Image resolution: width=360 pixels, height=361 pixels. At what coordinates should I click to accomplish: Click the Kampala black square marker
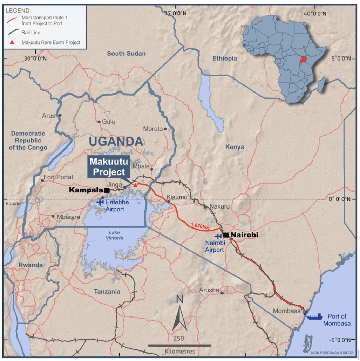(107, 190)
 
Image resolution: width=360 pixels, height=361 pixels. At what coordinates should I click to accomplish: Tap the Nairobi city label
(245, 235)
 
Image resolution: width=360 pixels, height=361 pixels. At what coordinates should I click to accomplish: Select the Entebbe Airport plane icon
(100, 201)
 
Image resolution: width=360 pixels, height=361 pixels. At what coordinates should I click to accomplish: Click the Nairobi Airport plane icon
(219, 236)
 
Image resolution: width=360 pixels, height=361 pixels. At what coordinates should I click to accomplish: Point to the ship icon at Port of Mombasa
(315, 316)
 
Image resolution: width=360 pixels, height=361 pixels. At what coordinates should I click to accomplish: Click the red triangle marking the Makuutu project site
(135, 185)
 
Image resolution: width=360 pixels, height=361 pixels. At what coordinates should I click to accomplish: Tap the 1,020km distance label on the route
(200, 226)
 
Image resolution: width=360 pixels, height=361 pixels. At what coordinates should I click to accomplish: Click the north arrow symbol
(180, 318)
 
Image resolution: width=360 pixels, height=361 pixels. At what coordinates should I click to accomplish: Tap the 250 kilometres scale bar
(180, 345)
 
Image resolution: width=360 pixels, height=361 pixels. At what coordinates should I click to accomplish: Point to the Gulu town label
(108, 122)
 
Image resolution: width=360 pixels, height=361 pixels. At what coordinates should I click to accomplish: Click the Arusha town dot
(222, 293)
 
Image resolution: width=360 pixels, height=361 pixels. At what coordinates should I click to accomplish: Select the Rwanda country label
(31, 265)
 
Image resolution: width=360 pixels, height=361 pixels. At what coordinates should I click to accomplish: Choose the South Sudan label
(126, 54)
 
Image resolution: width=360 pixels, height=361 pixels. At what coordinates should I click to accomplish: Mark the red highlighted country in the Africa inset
(303, 59)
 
